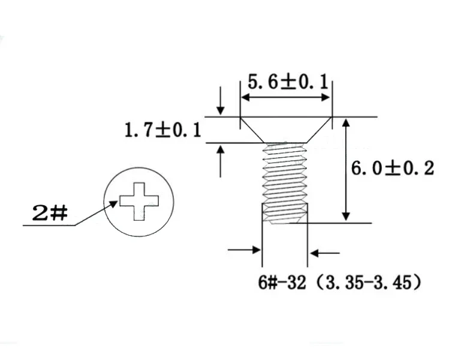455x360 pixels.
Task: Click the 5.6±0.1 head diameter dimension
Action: tap(288, 82)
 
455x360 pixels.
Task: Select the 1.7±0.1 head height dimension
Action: tap(163, 130)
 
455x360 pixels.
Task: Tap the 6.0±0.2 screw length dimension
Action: tap(393, 169)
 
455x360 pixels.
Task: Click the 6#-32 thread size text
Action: tap(282, 283)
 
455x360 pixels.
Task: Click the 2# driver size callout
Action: tap(50, 213)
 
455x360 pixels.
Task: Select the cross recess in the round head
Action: tap(139, 201)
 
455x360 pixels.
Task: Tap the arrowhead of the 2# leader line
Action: tap(114, 203)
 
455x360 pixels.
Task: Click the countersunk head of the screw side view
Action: tap(286, 130)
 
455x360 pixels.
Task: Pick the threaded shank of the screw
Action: tap(285, 184)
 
